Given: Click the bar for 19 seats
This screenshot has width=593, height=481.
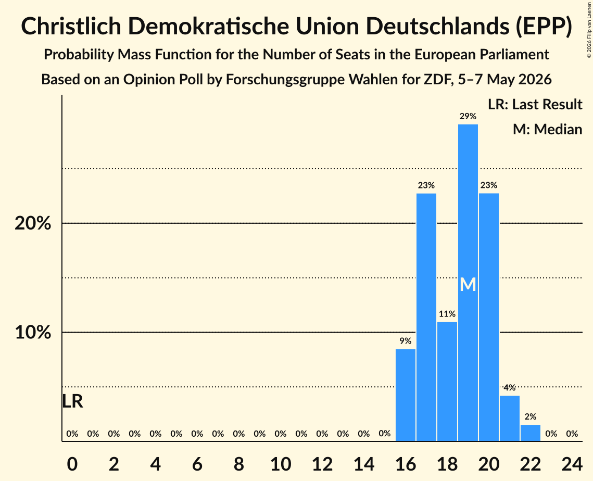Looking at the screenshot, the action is click(x=468, y=283).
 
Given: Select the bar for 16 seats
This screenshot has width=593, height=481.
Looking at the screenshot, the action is click(x=406, y=395).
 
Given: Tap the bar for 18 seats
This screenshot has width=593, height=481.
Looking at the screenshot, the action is click(x=447, y=382).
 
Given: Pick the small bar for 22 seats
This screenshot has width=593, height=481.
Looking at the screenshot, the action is click(x=530, y=433).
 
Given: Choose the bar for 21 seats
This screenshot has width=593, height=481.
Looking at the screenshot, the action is click(x=509, y=419).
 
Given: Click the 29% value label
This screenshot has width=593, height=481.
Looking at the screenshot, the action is click(x=468, y=117).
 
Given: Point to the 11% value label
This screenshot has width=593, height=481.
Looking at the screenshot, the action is click(x=447, y=314).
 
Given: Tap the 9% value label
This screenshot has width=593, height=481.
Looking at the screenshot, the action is click(x=406, y=341).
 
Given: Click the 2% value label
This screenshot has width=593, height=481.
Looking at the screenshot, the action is click(x=530, y=417).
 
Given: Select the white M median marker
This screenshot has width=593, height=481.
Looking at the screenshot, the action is click(x=468, y=284).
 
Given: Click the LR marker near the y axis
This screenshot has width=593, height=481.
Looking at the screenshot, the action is click(x=72, y=401).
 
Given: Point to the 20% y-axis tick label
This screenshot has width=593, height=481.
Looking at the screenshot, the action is click(x=33, y=223).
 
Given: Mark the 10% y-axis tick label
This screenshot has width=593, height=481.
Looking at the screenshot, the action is click(x=33, y=333).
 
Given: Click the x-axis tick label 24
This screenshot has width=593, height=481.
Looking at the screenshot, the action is click(x=572, y=464).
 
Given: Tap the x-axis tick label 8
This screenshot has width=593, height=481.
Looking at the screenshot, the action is click(x=238, y=464).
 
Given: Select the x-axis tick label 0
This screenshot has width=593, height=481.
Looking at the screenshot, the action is click(x=72, y=464).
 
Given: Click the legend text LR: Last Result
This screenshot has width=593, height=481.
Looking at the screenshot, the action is click(x=535, y=104).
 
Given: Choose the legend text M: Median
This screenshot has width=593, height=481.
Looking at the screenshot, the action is click(x=547, y=129).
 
